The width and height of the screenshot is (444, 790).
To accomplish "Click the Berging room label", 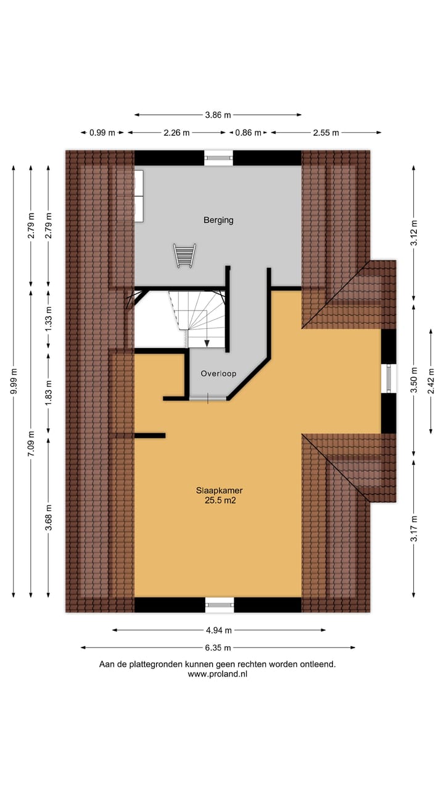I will pyautogui.click(x=218, y=220).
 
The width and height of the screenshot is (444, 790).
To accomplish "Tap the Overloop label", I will pyautogui.click(x=218, y=373).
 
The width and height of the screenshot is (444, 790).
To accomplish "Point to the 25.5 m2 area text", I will pyautogui.click(x=221, y=502).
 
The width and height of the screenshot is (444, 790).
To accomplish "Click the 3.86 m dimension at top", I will pyautogui.click(x=218, y=115).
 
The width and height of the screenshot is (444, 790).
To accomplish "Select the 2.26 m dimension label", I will pyautogui.click(x=177, y=133).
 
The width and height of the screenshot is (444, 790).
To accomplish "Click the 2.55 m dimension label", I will pyautogui.click(x=326, y=133).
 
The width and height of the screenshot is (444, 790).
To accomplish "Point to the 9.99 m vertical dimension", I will pyautogui.click(x=14, y=381).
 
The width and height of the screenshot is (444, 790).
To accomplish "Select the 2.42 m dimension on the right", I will pyautogui.click(x=430, y=380).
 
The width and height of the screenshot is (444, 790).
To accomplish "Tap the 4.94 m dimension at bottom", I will pyautogui.click(x=219, y=630).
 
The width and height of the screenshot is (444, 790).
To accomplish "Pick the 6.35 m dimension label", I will pyautogui.click(x=218, y=648).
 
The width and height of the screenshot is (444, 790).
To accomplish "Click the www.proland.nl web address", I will pyautogui.click(x=218, y=675).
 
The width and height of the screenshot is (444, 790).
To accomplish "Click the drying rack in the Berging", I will pyautogui.click(x=185, y=255).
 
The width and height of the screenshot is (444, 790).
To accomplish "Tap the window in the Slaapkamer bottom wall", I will pyautogui.click(x=220, y=605).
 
